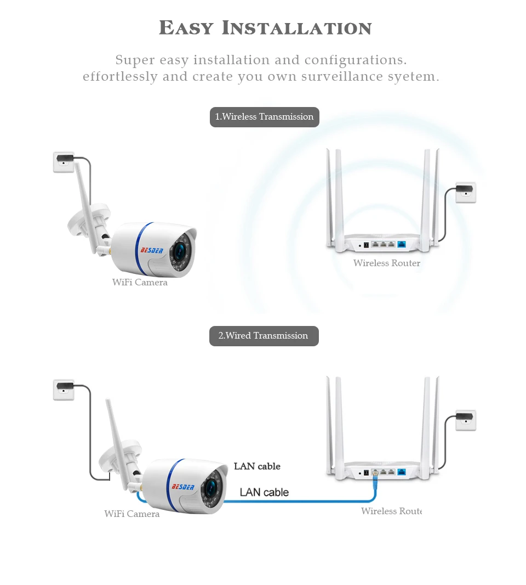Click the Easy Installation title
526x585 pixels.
click(x=265, y=27)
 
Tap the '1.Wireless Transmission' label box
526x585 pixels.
click(x=264, y=117)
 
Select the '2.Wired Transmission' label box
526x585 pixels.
click(x=264, y=336)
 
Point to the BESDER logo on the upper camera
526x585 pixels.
click(x=152, y=250)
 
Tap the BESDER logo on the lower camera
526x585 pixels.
click(x=182, y=486)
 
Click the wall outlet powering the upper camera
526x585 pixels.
click(x=64, y=162)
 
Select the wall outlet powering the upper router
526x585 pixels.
click(x=466, y=192)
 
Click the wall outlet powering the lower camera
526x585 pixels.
click(x=64, y=390)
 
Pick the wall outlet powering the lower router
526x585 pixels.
click(x=466, y=420)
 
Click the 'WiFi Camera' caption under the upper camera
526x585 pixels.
click(x=140, y=283)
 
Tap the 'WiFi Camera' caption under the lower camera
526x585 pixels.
click(x=132, y=514)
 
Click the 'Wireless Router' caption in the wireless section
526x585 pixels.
click(x=387, y=263)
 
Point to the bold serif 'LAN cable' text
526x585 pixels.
click(x=257, y=466)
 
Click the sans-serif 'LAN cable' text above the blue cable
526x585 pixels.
click(x=264, y=492)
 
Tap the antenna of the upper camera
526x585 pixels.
click(x=84, y=203)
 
